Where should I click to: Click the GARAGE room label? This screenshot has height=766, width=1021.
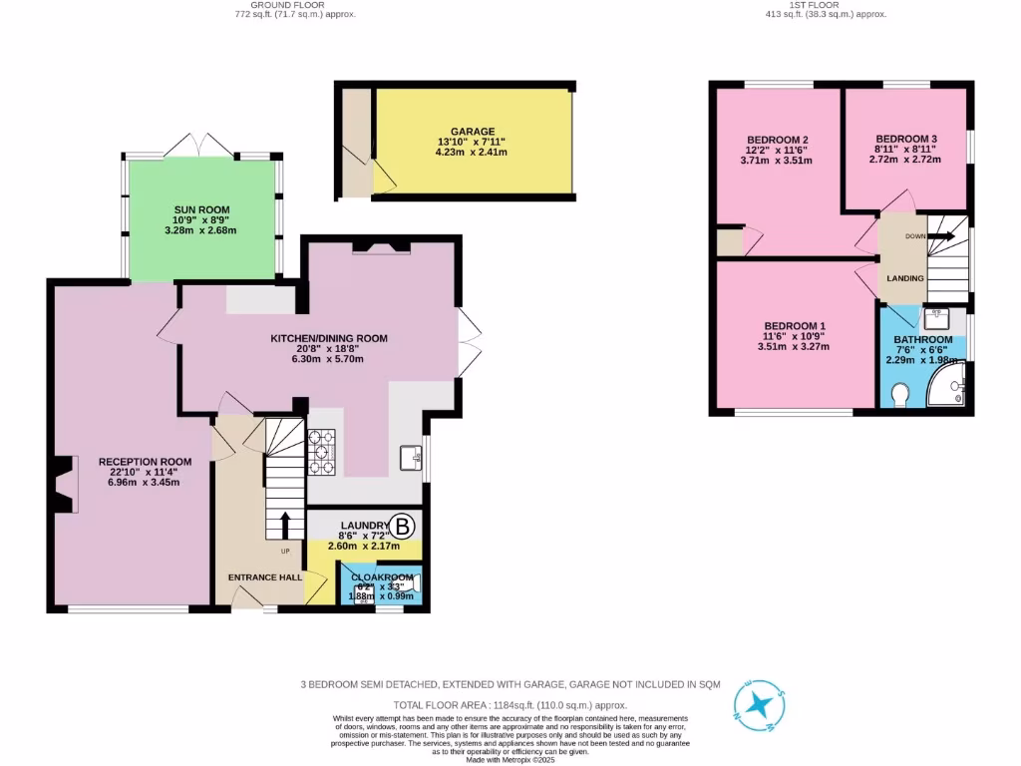click(x=473, y=132)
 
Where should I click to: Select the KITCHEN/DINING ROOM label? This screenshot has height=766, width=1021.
click(x=329, y=339)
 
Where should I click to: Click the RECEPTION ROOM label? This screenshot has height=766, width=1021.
click(x=145, y=462)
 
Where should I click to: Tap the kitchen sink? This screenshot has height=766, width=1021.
click(x=410, y=457)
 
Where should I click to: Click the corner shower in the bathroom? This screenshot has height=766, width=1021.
click(x=949, y=388)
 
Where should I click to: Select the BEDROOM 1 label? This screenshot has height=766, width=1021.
click(x=794, y=326)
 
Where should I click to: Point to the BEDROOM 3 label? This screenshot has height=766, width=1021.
click(x=905, y=139)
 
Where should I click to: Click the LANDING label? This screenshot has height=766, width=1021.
click(x=905, y=278)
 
